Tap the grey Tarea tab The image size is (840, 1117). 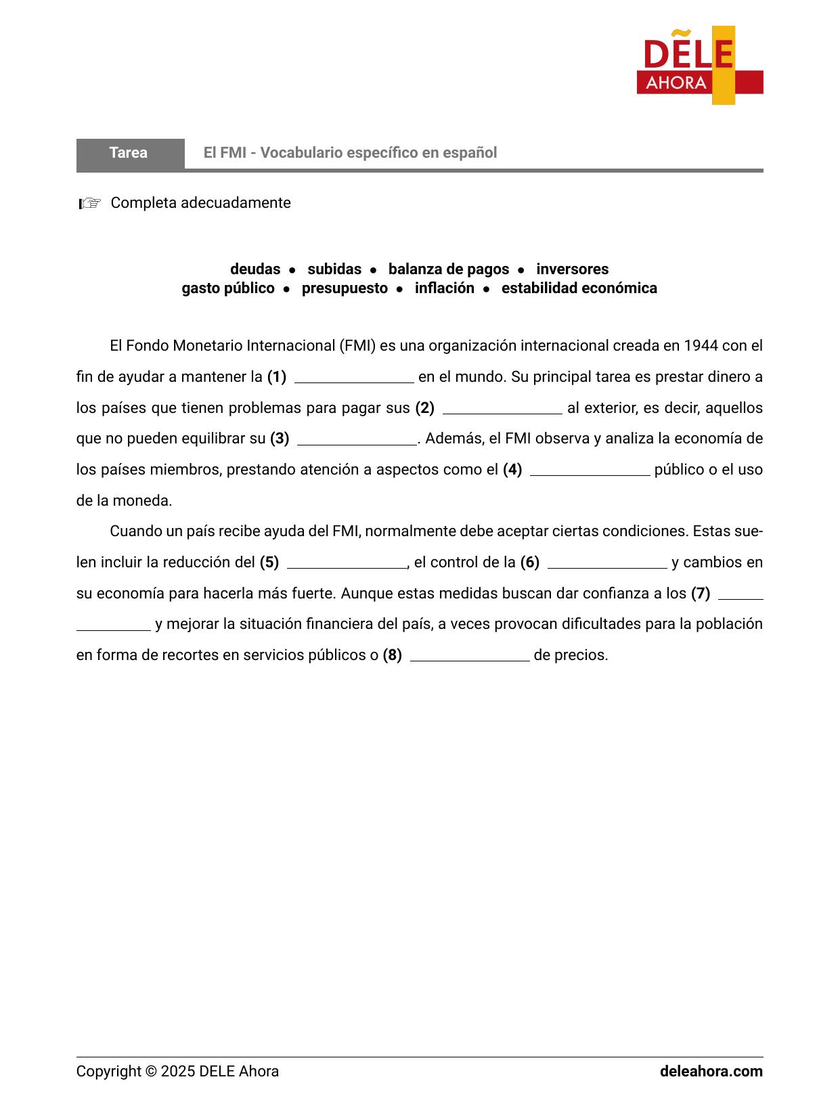129,153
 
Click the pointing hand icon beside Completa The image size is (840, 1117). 89,203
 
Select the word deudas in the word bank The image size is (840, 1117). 255,269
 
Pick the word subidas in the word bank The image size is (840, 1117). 334,269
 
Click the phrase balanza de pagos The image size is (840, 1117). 448,269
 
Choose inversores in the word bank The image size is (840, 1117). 572,269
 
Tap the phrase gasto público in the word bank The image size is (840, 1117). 228,288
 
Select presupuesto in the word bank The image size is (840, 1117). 345,288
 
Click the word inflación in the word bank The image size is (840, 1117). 444,288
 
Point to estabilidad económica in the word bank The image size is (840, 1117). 579,288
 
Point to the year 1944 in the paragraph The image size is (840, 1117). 701,346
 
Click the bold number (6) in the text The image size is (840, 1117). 530,563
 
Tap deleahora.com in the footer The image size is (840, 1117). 711,1072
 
